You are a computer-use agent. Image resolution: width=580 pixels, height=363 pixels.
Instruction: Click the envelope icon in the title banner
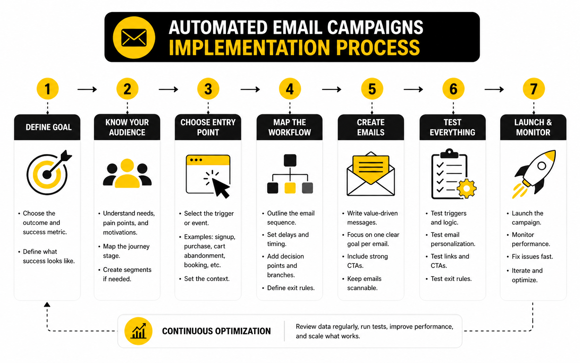click(x=134, y=38)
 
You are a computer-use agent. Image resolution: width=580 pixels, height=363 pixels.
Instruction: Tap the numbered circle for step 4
click(x=290, y=89)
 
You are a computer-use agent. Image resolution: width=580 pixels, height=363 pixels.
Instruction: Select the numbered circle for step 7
click(x=534, y=89)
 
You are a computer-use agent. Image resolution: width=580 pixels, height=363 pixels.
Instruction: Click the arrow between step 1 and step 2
click(x=87, y=89)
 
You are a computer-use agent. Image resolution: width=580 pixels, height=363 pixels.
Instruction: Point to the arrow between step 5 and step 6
click(x=413, y=89)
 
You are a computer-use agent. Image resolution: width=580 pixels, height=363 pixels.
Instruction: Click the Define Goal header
click(x=47, y=127)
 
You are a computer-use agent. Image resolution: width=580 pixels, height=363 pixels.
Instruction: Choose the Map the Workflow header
click(x=290, y=127)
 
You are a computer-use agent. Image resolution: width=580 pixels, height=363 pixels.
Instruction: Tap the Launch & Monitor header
click(x=533, y=127)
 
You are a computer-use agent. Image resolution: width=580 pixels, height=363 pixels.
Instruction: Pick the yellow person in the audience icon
click(x=127, y=173)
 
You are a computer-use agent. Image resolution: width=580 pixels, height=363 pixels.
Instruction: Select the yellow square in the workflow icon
click(x=290, y=188)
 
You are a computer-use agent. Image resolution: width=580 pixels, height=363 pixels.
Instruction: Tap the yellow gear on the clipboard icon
click(x=466, y=188)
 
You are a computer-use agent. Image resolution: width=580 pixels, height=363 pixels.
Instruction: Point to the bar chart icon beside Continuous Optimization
click(x=139, y=331)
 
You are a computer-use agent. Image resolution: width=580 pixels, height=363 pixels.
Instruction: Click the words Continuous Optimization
click(x=216, y=331)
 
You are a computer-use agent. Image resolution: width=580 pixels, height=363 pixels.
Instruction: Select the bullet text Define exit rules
click(x=291, y=288)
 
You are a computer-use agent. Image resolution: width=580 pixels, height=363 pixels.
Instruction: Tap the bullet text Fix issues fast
click(x=532, y=257)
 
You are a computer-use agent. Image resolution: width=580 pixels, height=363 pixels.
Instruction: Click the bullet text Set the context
click(x=207, y=279)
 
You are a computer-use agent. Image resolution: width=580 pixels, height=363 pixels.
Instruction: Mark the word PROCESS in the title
click(x=378, y=48)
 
